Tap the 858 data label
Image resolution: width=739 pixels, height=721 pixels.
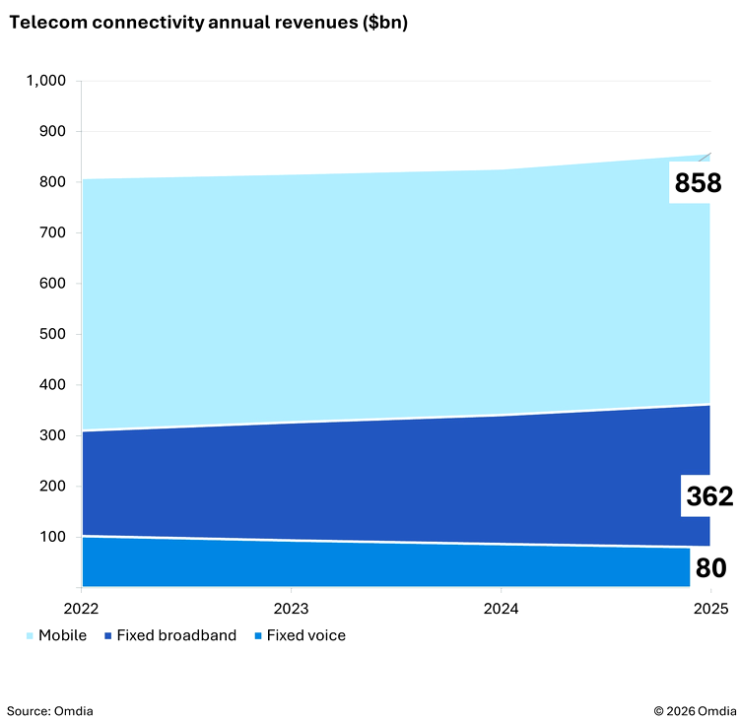(698, 183)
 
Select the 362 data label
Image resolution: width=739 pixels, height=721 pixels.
(709, 496)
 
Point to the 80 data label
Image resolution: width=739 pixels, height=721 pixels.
(710, 568)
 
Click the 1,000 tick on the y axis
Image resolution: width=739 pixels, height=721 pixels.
(46, 81)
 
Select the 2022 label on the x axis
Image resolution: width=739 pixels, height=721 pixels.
(81, 607)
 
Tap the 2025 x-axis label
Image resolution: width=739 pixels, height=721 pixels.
(709, 607)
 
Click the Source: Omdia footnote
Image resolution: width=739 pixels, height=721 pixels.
(50, 710)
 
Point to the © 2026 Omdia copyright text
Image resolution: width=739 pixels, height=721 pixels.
(693, 710)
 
